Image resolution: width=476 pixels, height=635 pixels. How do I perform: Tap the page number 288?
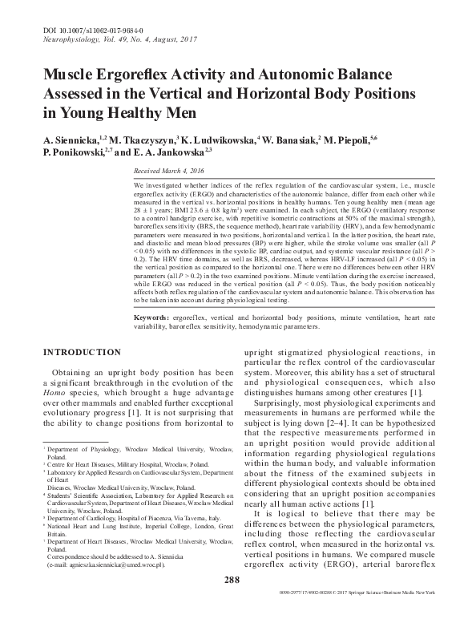coord(232,602)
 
